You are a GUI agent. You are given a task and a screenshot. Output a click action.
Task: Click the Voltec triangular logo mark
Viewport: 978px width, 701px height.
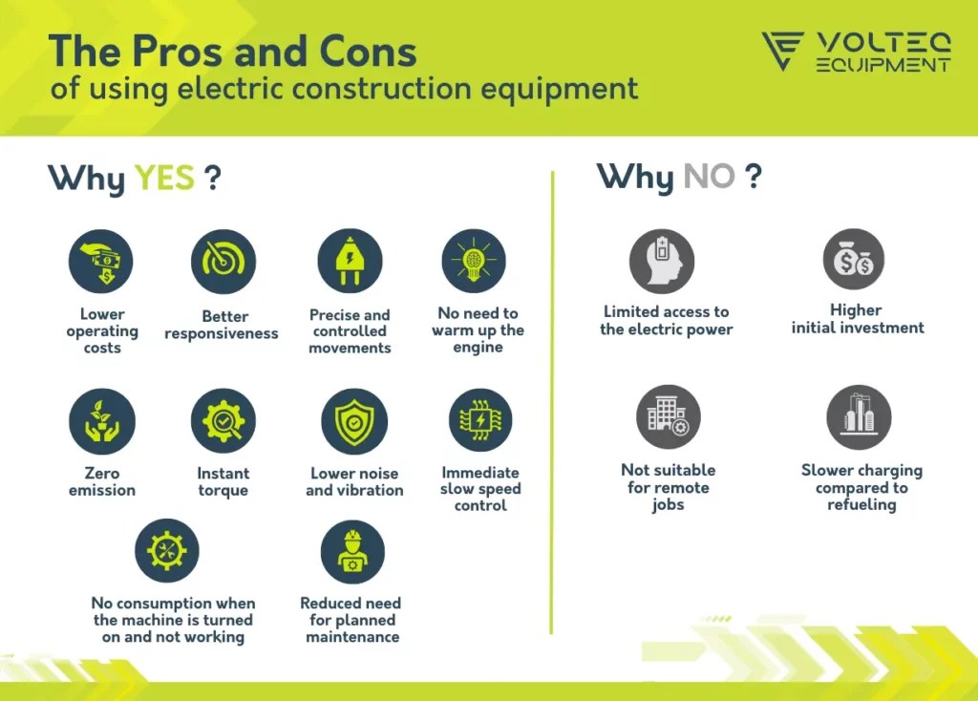click(782, 51)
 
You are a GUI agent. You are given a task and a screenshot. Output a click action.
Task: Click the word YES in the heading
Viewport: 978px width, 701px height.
click(164, 178)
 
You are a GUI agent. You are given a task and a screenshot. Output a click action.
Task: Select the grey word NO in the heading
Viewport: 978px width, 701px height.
click(710, 177)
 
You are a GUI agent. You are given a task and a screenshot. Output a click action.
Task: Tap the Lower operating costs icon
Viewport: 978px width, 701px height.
click(101, 262)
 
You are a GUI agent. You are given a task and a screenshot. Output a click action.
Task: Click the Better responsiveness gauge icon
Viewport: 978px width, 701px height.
click(223, 262)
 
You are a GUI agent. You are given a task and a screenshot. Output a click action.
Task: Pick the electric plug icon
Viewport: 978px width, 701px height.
click(350, 261)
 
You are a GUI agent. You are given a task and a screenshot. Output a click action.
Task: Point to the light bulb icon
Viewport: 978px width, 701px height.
click(474, 261)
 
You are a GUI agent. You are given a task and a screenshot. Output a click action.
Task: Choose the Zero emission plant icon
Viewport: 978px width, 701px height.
click(101, 421)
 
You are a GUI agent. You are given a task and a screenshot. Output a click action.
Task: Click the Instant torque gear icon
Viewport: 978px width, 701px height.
click(223, 421)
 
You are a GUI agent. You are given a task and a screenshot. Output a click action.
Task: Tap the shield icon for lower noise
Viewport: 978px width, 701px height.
click(354, 421)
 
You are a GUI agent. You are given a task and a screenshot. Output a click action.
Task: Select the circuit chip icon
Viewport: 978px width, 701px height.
click(481, 420)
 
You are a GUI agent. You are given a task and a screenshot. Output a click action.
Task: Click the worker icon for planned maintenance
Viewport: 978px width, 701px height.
click(352, 553)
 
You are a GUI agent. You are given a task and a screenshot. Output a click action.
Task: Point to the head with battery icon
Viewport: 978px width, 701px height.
click(662, 262)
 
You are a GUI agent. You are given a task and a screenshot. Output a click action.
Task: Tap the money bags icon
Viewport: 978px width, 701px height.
click(854, 260)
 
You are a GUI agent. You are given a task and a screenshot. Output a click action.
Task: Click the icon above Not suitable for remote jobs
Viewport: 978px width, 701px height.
click(669, 416)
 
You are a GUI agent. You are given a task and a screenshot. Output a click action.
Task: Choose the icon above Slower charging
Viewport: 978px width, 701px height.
click(859, 417)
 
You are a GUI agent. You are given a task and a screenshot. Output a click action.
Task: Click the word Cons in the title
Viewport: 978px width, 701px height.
click(368, 52)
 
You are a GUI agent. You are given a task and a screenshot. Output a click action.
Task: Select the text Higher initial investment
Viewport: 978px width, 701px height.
click(858, 319)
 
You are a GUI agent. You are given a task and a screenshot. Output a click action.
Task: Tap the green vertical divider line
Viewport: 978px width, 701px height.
click(552, 402)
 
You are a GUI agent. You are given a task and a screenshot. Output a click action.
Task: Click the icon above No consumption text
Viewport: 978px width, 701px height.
click(167, 551)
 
